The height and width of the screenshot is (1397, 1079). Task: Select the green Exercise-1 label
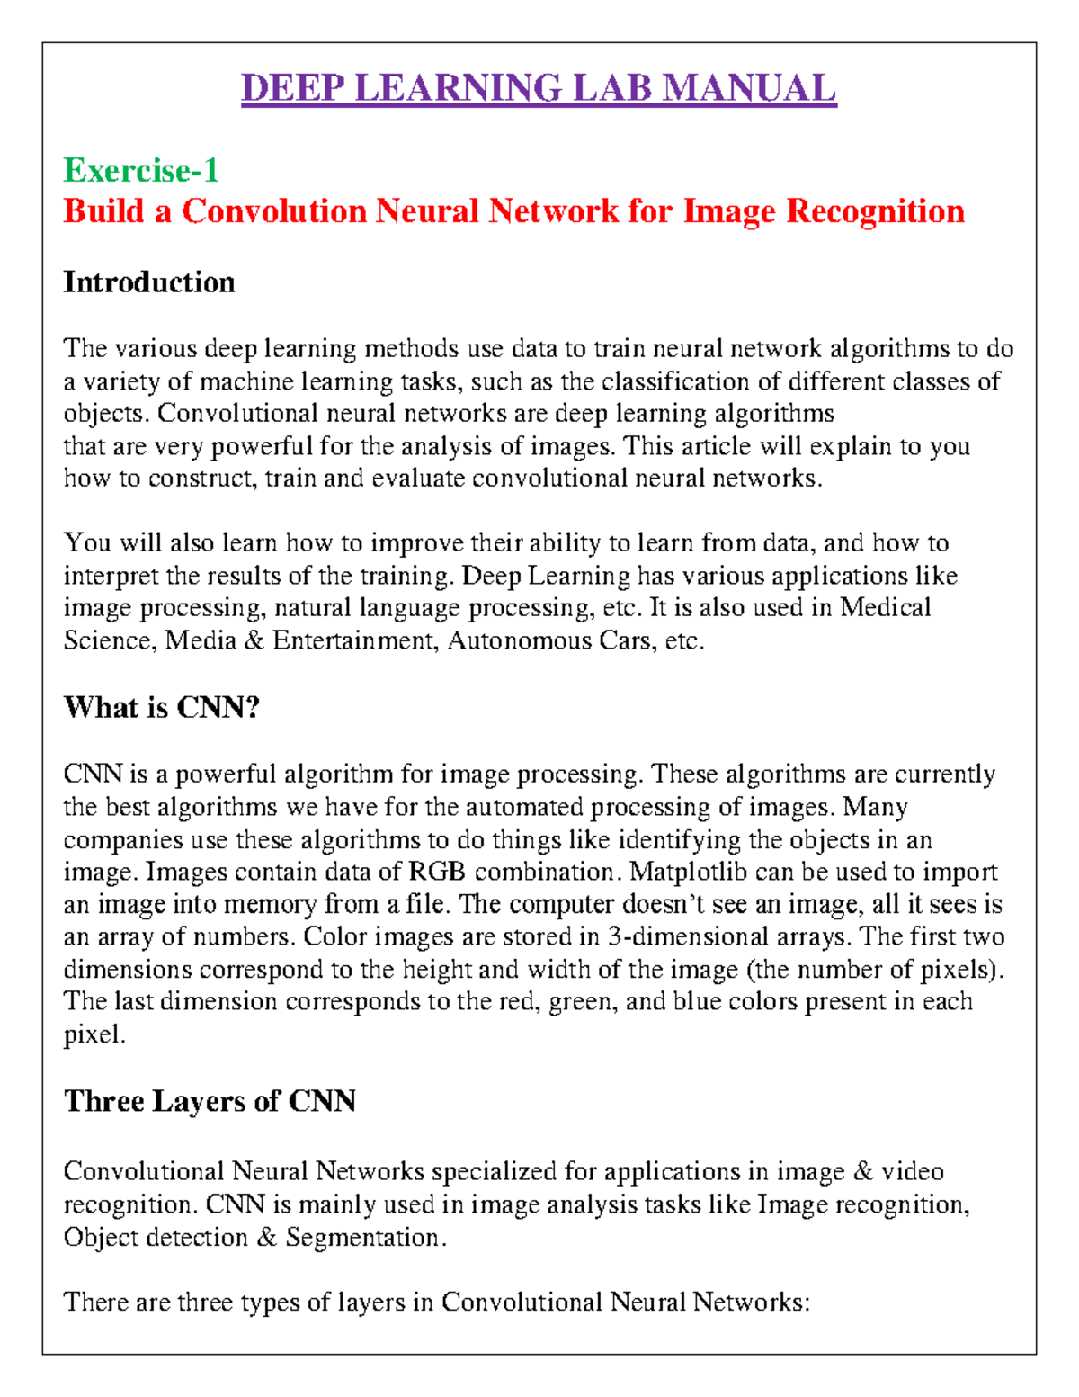(x=141, y=170)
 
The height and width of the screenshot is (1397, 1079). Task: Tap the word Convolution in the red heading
(x=274, y=211)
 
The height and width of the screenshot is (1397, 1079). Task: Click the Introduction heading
(x=149, y=282)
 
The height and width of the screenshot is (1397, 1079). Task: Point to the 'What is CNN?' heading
(x=162, y=708)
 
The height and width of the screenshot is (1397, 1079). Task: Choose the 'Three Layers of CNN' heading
(x=210, y=1102)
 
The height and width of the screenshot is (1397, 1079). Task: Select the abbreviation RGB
(x=437, y=872)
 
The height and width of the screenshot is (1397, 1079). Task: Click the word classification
(x=675, y=381)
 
